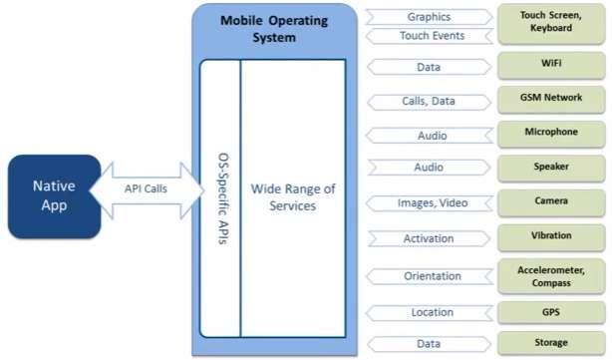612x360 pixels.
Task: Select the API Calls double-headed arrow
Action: [146, 188]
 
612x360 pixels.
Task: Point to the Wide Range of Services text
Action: [292, 197]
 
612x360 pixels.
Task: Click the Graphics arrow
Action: [428, 16]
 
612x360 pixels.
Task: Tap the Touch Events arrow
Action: [428, 35]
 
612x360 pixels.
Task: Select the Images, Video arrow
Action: [428, 203]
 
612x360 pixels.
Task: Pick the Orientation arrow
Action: [428, 276]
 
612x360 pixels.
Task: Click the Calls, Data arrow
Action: [428, 102]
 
